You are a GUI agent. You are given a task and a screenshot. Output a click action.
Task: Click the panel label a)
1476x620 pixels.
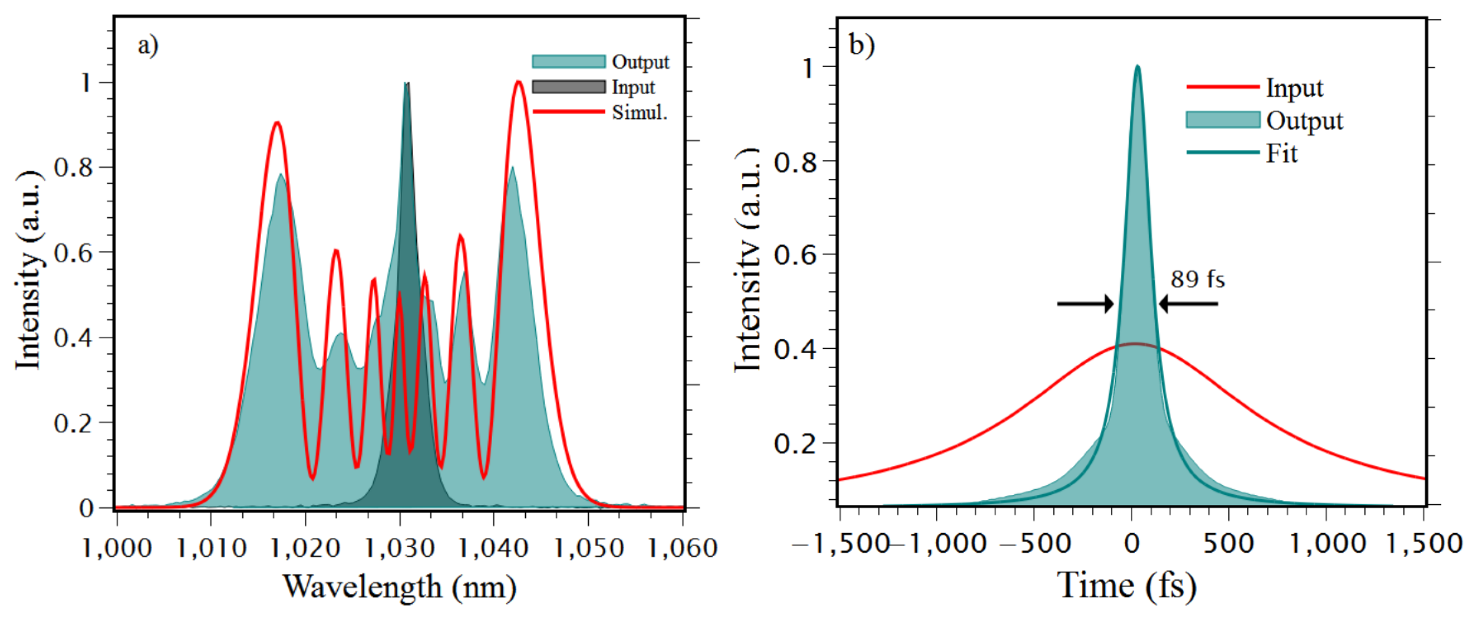[147, 46]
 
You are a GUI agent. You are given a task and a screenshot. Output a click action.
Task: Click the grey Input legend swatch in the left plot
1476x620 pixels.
[568, 87]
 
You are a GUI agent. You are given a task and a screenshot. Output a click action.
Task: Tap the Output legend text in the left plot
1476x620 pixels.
[640, 62]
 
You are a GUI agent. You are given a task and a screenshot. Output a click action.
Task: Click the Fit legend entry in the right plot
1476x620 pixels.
[1281, 153]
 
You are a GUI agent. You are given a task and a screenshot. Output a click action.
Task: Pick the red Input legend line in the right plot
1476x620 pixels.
[1222, 87]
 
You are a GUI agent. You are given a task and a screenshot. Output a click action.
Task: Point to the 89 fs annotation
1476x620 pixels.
[1197, 279]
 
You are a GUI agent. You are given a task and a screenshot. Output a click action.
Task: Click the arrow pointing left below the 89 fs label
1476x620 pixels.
[1189, 303]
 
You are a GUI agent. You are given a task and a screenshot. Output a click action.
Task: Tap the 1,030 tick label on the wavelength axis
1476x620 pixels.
[399, 548]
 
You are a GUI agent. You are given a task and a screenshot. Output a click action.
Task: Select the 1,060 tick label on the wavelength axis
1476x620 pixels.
[682, 548]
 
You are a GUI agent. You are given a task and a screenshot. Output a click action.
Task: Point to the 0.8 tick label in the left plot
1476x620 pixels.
[73, 168]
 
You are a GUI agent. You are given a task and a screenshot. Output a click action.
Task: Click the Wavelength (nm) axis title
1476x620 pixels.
[399, 587]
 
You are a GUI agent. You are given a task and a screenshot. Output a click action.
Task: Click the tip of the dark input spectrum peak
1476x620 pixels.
[406, 84]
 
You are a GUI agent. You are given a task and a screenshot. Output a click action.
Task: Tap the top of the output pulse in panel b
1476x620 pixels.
[1137, 67]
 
